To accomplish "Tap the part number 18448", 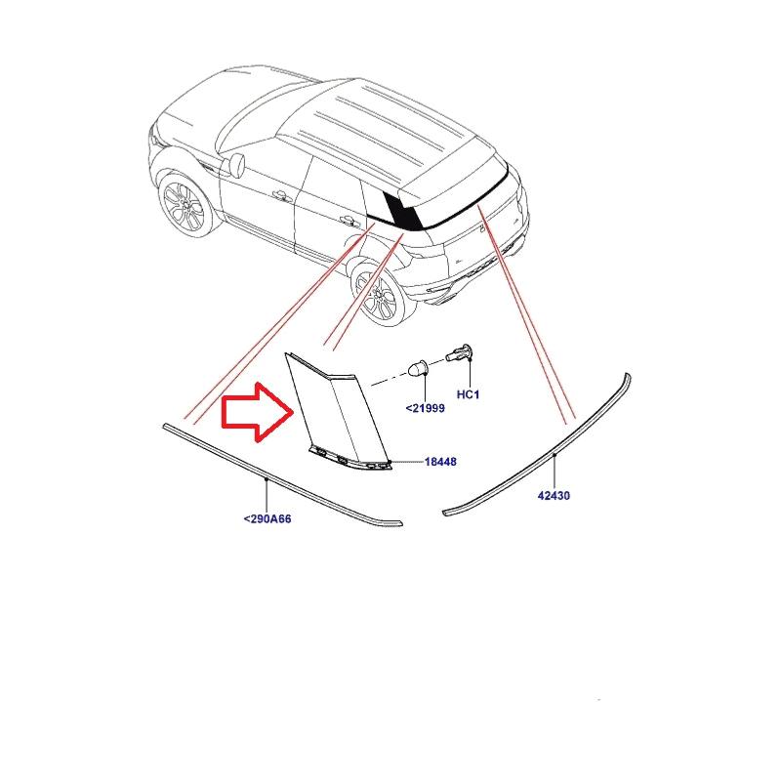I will pos(440,462).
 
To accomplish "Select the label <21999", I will pos(425,408).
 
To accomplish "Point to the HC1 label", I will pos(470,394).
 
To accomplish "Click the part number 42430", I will pos(554,496).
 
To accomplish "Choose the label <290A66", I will pos(267,519).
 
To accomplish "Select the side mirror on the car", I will pos(235,162).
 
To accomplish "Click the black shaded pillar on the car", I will pos(402,208).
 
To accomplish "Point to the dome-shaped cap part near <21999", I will pos(417,369).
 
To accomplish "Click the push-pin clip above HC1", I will pos(461,353).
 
